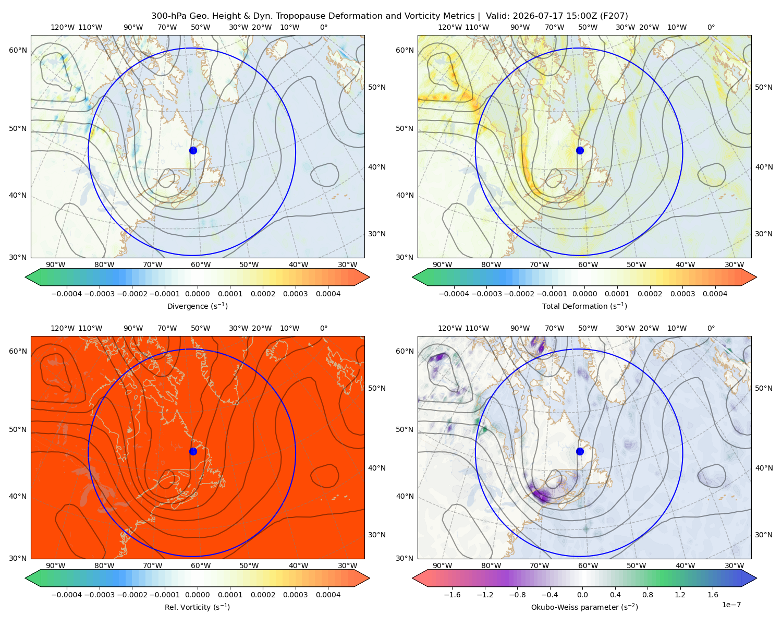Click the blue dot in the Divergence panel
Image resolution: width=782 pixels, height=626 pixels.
pos(193,150)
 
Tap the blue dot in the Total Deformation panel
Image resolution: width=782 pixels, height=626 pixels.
pos(580,150)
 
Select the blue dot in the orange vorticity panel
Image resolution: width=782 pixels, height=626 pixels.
pos(193,451)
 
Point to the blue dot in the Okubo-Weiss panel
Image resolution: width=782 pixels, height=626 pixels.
pos(580,451)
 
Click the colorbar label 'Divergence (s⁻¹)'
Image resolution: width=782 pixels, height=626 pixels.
pos(197,306)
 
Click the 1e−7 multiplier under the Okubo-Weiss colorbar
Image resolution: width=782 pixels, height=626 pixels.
pos(731,605)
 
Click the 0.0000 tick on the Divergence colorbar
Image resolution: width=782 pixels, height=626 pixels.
pos(197,294)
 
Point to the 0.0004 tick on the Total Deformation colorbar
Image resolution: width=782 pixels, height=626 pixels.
pos(715,294)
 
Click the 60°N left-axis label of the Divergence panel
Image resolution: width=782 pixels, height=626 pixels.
pos(18,50)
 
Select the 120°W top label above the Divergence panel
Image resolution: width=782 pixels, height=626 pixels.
pos(63,27)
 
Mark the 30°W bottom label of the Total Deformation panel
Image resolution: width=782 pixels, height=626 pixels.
pos(734,264)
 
